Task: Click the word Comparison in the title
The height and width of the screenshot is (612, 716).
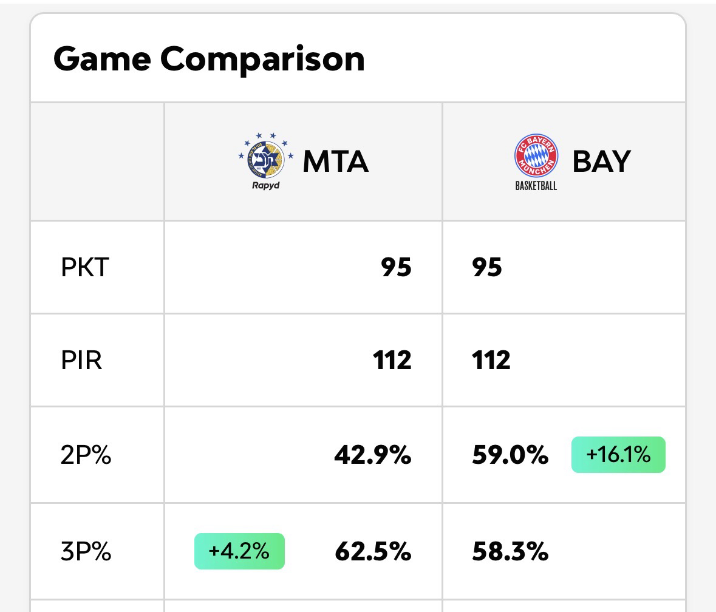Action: click(262, 59)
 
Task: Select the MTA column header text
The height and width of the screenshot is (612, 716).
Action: click(335, 161)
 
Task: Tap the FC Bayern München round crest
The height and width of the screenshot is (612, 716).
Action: click(536, 155)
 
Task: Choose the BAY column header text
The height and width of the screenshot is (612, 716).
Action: click(601, 161)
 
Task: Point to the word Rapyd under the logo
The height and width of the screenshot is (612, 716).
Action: click(266, 185)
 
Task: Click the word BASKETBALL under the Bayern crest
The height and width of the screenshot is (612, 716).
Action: click(536, 186)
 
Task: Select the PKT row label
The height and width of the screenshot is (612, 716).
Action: click(84, 267)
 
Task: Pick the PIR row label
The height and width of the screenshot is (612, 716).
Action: click(81, 360)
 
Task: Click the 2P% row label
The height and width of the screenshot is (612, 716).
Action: click(86, 455)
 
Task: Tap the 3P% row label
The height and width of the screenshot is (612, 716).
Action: click(86, 552)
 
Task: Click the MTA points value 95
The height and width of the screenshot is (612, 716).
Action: click(396, 267)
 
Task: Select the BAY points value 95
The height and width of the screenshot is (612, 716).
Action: click(487, 267)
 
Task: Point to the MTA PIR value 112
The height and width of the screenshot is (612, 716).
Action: click(392, 360)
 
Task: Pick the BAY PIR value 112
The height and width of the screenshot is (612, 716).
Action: click(491, 360)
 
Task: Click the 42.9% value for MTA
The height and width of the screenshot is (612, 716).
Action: click(372, 455)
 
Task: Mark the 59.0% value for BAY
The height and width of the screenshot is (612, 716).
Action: click(510, 455)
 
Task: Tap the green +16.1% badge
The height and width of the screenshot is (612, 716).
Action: click(618, 455)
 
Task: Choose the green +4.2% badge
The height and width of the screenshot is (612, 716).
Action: click(239, 551)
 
